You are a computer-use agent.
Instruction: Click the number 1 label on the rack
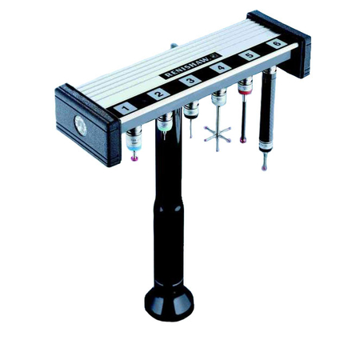[x=126, y=107]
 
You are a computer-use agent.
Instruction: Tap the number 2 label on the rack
[x=158, y=94]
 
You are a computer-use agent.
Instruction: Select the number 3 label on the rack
[x=189, y=82]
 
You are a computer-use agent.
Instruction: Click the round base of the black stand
[x=170, y=302]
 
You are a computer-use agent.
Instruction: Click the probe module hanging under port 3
[x=191, y=109]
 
